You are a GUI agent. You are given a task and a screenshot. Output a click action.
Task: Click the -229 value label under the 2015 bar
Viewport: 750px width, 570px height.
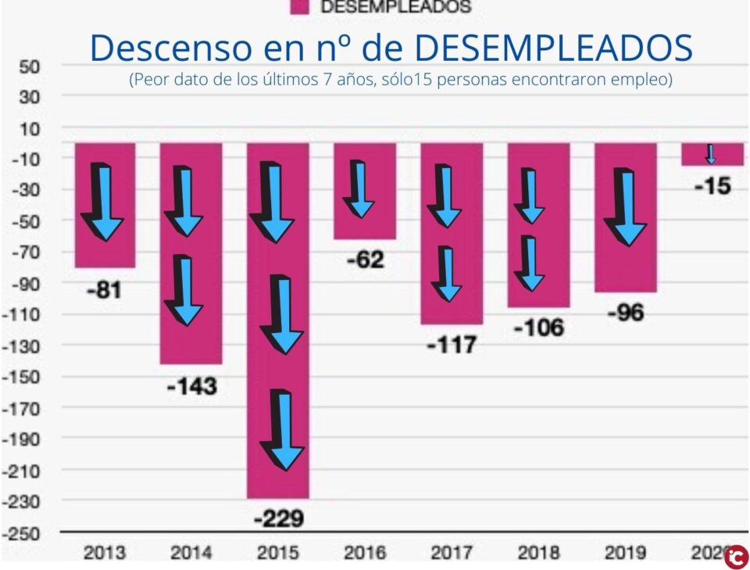278,518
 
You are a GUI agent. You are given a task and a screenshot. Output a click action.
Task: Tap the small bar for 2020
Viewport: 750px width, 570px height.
712,155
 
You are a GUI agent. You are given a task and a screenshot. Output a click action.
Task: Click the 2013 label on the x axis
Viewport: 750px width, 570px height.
105,553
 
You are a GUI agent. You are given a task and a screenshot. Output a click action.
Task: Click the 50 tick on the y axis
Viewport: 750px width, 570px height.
29,66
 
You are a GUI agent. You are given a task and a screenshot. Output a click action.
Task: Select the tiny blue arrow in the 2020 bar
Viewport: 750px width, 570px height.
710,154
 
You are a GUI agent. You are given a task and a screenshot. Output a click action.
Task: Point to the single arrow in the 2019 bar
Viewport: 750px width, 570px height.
627,208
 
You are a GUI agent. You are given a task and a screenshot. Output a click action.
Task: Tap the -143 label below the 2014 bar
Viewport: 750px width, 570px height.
191,386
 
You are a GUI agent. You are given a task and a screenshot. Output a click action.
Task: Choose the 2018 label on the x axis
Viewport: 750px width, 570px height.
539,553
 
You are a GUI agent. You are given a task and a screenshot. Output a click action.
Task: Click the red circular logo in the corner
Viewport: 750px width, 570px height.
736,557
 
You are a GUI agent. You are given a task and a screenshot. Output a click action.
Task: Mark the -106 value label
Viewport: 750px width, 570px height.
538,328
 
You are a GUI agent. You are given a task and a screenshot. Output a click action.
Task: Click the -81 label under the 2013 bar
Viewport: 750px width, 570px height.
105,291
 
